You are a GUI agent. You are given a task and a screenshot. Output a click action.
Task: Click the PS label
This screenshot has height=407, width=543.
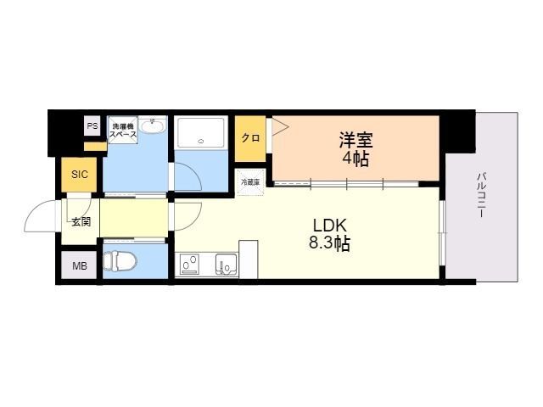pos(92,126)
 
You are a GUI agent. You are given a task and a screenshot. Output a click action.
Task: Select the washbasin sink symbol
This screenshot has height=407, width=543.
pos(154,127)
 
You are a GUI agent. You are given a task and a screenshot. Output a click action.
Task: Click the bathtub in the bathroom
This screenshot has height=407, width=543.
pos(202,133)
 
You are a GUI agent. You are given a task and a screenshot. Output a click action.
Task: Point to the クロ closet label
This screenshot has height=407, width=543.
pos(250,138)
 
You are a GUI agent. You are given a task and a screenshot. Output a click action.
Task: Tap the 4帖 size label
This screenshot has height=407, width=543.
pos(356,158)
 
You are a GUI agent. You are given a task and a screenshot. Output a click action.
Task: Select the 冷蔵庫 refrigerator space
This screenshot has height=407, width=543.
pos(251,181)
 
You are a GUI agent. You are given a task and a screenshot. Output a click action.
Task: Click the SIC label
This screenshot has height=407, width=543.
pos(79,175)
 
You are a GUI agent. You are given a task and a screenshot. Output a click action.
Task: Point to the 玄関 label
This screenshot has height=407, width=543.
pos(81,222)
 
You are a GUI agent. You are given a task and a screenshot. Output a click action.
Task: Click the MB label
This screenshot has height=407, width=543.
pos(79,266)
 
